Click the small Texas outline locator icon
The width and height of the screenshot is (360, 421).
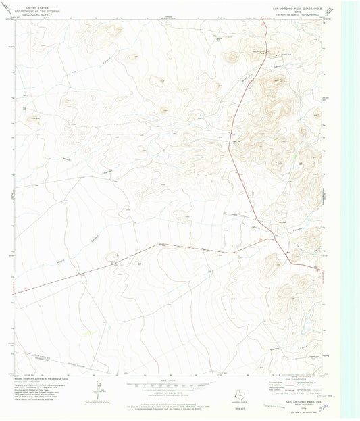[238, 397]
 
